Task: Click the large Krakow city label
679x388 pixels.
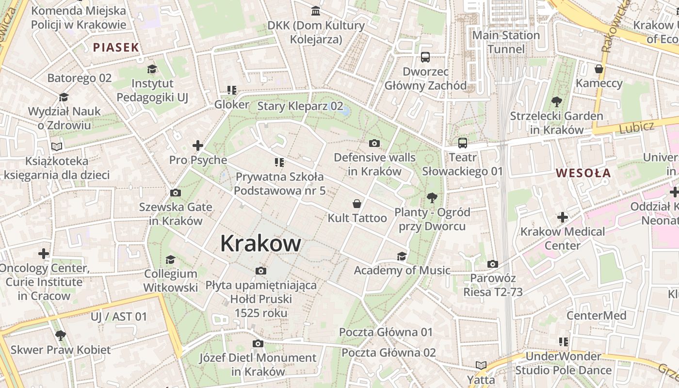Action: click(260, 243)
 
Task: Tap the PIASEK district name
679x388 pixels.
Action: click(116, 48)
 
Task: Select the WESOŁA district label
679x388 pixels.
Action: click(583, 173)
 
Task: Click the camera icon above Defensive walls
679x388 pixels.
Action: click(374, 143)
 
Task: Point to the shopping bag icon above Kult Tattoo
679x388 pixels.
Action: click(357, 204)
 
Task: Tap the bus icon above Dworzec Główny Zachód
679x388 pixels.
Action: click(425, 57)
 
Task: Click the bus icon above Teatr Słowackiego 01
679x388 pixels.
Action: click(463, 143)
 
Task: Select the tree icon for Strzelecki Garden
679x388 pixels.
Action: click(556, 102)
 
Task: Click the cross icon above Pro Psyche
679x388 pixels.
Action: click(197, 145)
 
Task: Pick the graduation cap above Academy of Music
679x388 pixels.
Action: click(402, 256)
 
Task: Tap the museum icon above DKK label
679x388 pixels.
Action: click(316, 11)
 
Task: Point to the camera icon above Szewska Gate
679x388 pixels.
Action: click(176, 193)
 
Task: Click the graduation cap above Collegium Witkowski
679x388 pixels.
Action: click(170, 259)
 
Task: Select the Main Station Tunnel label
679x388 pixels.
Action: click(506, 42)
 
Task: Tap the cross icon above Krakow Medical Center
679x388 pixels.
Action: click(563, 217)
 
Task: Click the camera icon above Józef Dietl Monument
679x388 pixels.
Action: click(258, 343)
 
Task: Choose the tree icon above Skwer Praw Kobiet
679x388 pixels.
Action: click(61, 335)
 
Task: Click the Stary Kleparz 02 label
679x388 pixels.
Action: click(300, 106)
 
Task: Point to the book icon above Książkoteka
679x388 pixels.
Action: click(57, 146)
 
